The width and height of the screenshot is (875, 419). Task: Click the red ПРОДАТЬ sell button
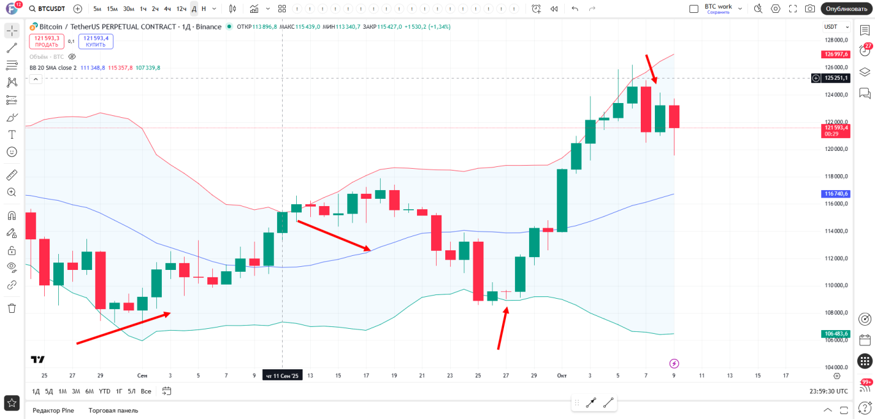coord(47,41)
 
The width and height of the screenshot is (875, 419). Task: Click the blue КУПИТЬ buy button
coord(96,41)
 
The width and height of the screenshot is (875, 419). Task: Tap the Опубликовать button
coord(846,9)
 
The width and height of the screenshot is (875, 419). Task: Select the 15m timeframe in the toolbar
coord(112,9)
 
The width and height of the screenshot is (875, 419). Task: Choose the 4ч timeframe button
coord(167,9)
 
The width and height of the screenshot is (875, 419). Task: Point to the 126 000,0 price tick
coord(836,67)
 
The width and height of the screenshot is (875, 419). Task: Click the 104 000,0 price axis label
coord(836,367)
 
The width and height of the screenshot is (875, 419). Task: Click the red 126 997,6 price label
coord(836,54)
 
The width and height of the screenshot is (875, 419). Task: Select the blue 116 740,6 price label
coord(836,194)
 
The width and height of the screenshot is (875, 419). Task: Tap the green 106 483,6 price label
coord(836,334)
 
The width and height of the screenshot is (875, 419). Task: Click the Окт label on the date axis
coord(562,375)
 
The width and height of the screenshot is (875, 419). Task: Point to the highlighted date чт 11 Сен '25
coord(282,375)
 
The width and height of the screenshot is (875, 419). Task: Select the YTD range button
coord(105,391)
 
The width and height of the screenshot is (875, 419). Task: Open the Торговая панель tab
coord(113,410)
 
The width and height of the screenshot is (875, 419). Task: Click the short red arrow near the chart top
coord(651,69)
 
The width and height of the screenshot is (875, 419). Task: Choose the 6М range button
coord(90,391)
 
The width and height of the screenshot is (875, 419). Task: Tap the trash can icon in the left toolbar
coord(12,308)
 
